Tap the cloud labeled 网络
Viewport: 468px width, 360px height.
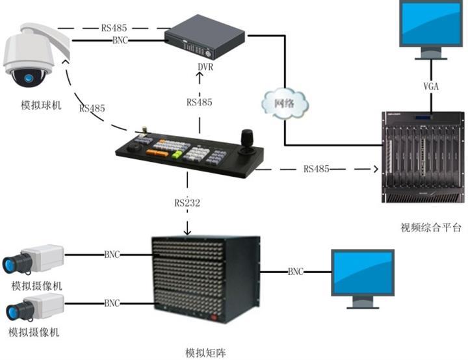[x=283, y=103]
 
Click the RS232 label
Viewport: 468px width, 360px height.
[x=187, y=203]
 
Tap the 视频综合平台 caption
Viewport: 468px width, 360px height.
[x=431, y=227]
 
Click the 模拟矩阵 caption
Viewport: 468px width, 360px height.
[x=206, y=352]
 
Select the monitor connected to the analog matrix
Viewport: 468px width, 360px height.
[x=363, y=276]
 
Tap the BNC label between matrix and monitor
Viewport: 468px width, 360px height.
[x=296, y=271]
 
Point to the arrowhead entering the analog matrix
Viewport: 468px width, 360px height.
[x=188, y=231]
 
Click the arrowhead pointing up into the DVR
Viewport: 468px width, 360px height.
[x=200, y=75]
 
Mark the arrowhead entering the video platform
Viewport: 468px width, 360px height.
[x=374, y=170]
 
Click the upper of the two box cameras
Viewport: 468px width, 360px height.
[x=32, y=259]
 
